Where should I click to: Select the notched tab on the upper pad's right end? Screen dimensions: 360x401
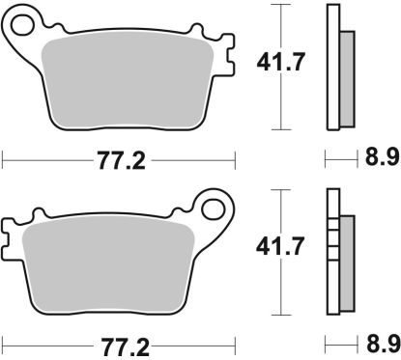[229, 53]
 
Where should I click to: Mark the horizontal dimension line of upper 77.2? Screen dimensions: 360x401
[48, 159]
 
